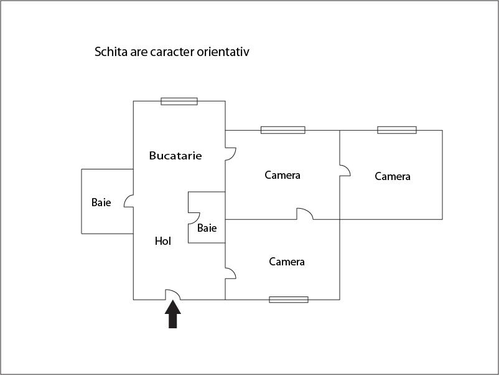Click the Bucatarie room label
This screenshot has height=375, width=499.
pyautogui.click(x=175, y=156)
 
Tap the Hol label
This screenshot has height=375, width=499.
pyautogui.click(x=163, y=241)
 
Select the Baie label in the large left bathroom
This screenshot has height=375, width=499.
pyautogui.click(x=101, y=202)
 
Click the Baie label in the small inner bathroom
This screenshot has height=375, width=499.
pyautogui.click(x=207, y=228)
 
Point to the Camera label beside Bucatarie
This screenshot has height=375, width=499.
pyautogui.click(x=282, y=175)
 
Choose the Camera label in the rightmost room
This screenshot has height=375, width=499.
pyautogui.click(x=393, y=176)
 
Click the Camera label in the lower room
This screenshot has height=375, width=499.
pyautogui.click(x=287, y=262)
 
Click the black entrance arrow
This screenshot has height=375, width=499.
pyautogui.click(x=173, y=314)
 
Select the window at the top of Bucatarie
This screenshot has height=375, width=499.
pyautogui.click(x=179, y=102)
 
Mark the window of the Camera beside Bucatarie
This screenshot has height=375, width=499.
pyautogui.click(x=283, y=130)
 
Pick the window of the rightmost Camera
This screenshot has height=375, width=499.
pyautogui.click(x=397, y=130)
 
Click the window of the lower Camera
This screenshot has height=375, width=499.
pyautogui.click(x=289, y=300)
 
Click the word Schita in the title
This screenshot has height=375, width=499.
pyautogui.click(x=111, y=52)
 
